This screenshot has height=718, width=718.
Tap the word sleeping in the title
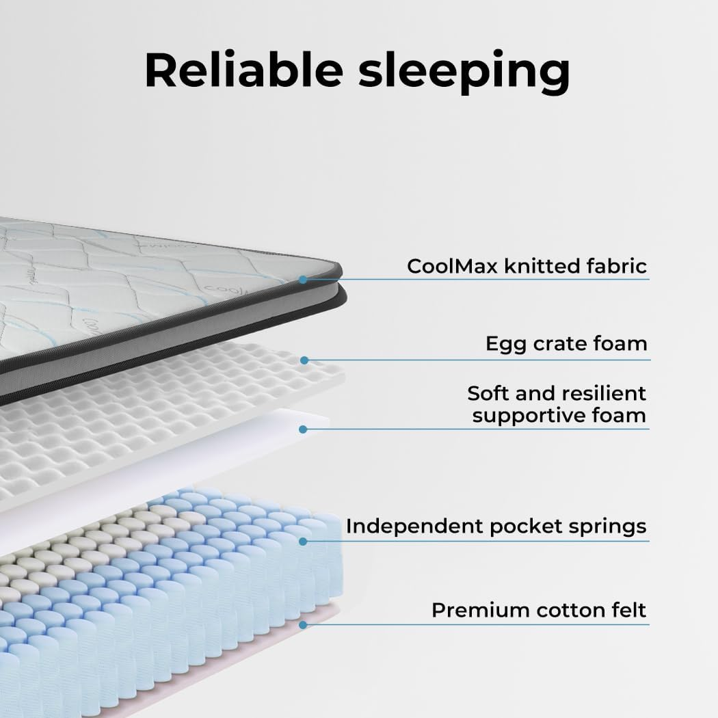click(x=464, y=71)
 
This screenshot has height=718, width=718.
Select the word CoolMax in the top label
click(x=451, y=265)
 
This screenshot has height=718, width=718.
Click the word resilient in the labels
click(x=604, y=393)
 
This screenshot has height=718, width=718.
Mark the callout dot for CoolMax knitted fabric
click(x=304, y=279)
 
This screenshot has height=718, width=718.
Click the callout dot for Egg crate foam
click(x=304, y=360)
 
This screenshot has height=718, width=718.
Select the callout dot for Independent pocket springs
click(x=304, y=541)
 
